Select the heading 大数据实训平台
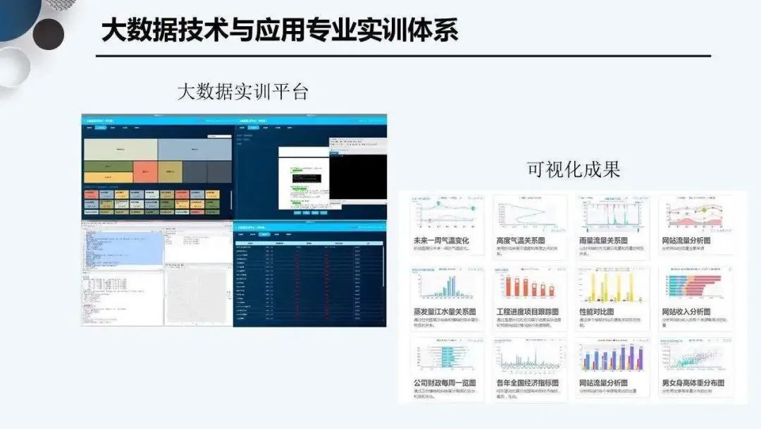coord(242,92)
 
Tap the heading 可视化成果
coord(574,169)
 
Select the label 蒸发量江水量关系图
coord(445,312)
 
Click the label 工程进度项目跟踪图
coord(528,312)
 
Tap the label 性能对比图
coord(595,312)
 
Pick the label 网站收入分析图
coord(686,312)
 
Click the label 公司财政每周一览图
coord(445,383)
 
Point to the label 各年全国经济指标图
coord(528,383)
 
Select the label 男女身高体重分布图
coord(693,383)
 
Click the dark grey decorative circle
coord(48,34)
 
